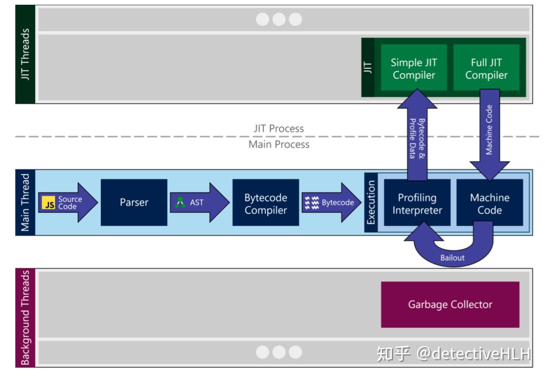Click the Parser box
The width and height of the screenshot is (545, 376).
134,202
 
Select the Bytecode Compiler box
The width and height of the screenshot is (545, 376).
266,202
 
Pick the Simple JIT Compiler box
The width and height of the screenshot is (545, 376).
414,69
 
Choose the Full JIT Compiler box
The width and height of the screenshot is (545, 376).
486,69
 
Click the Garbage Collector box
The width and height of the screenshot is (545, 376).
450,304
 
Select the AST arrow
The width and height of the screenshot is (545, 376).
199,202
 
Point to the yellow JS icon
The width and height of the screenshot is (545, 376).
49,203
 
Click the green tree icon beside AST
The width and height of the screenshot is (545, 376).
181,202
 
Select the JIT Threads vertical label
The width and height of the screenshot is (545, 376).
25,54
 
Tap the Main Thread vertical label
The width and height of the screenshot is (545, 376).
25,202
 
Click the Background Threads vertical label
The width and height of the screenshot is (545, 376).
25,318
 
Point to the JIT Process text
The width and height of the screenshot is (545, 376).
279,129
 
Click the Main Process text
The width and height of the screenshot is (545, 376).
279,145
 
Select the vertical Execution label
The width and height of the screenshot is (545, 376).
371,202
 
